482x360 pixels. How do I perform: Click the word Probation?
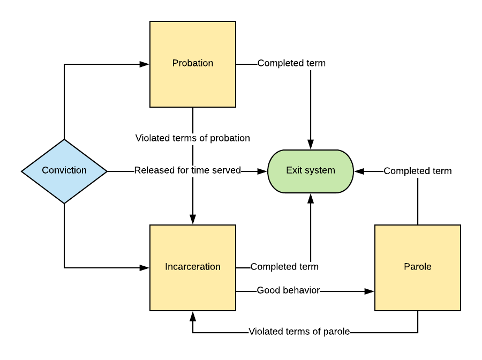coord(193,63)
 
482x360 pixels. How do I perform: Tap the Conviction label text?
coord(64,170)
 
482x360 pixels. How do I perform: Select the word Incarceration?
coord(193,267)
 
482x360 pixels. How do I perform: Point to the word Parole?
coord(418,267)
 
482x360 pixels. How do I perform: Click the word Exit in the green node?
coord(293,170)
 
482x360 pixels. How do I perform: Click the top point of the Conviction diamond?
coord(64,140)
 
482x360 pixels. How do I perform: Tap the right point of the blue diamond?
coord(106,171)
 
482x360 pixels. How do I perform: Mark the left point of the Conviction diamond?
coord(23,171)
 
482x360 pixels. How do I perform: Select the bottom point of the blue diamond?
coord(64,202)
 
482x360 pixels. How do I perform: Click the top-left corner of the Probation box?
coord(151,22)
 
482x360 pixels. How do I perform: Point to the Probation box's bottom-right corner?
coord(235,106)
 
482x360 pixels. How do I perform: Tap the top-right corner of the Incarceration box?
coord(235,226)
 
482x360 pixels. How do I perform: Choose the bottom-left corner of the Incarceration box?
coord(151,310)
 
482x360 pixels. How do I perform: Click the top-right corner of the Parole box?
coord(460,226)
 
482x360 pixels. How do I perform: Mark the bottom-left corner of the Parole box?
coord(376,310)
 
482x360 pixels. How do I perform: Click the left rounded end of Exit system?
coord(269,171)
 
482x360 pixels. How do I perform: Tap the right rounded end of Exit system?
coord(352,171)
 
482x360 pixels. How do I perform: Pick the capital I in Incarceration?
coord(166,267)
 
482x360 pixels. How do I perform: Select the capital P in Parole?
coord(406,267)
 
